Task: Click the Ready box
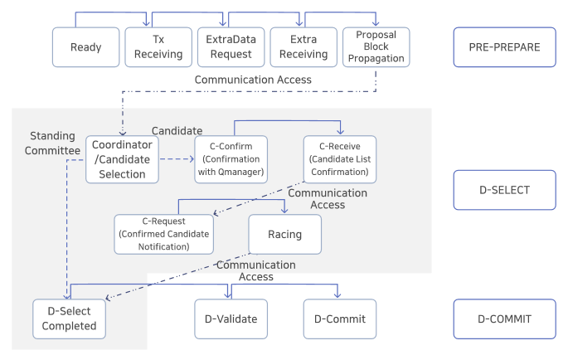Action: (85, 47)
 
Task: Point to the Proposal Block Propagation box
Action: (376, 47)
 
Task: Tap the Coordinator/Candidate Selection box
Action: (121, 158)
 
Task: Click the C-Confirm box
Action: (231, 158)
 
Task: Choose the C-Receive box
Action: (339, 158)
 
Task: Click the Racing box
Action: (284, 234)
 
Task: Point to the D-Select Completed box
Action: (70, 319)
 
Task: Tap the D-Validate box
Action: (231, 319)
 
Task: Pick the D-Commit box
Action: (337, 319)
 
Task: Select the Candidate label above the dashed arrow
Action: (177, 130)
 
